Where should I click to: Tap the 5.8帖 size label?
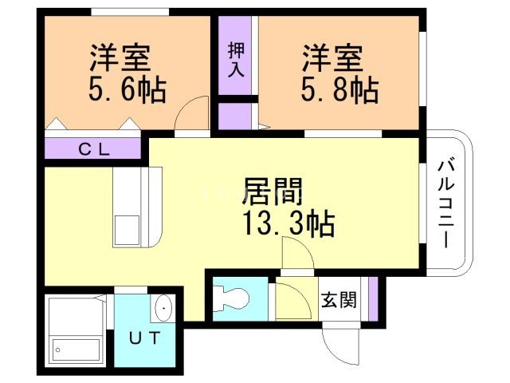pyautogui.click(x=340, y=89)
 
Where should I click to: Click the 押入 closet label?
pyautogui.click(x=237, y=61)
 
